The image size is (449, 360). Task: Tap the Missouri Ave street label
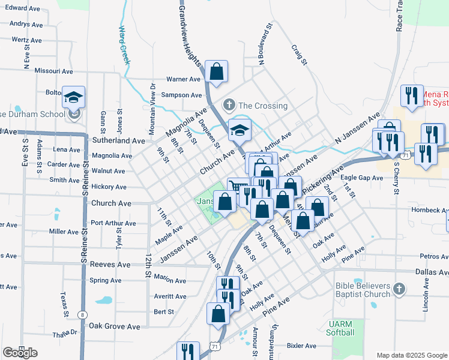[54, 70]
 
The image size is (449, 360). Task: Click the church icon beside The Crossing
[229, 106]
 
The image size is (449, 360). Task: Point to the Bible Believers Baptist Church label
[354, 290]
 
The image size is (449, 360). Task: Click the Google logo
[20, 353]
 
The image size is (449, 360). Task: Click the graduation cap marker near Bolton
[73, 97]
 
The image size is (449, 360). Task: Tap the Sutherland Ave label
[118, 140]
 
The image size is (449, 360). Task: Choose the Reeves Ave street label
[110, 265]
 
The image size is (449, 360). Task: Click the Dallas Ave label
[432, 272]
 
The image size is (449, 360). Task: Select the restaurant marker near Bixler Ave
[189, 351]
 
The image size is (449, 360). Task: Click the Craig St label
[300, 54]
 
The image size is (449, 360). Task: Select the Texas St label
[63, 305]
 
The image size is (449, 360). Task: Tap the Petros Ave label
[434, 256]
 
